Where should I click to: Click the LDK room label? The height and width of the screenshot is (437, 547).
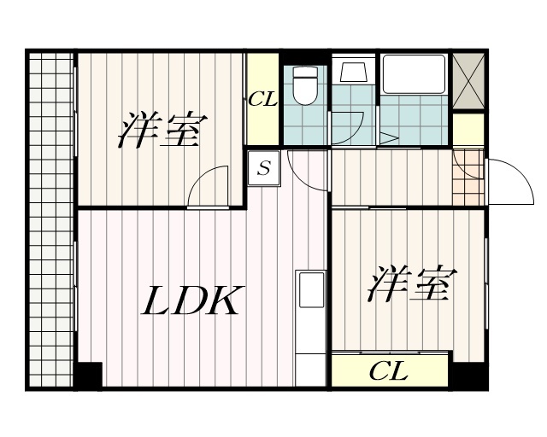pyautogui.click(x=191, y=300)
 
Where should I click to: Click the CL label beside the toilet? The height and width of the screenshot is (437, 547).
pyautogui.click(x=262, y=99)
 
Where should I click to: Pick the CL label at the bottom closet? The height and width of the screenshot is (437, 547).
pyautogui.click(x=389, y=371)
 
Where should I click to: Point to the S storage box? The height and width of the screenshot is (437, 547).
pyautogui.click(x=264, y=168)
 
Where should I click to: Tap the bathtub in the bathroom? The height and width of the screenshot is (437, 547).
pyautogui.click(x=413, y=75)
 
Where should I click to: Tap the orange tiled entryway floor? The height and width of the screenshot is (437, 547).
pyautogui.click(x=467, y=177)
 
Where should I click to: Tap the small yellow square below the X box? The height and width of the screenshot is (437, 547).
pyautogui.click(x=468, y=129)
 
